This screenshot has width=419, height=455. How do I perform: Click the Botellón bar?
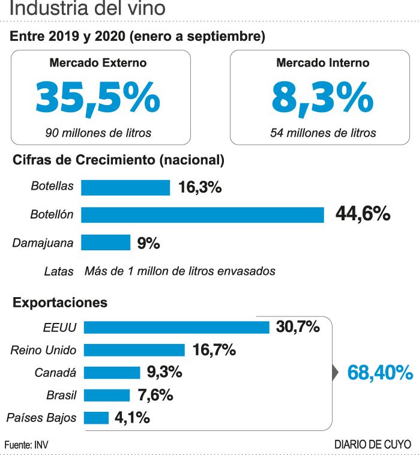pos(202,214)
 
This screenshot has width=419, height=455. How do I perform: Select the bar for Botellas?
pos(125,187)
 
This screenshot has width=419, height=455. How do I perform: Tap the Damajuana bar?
pos(106,243)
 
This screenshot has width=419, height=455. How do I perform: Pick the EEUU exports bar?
pos(176,327)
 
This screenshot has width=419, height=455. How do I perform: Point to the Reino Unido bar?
pos(134,350)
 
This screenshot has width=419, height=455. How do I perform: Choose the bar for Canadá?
pos(112,373)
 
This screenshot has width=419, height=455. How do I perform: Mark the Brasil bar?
pos(107,395)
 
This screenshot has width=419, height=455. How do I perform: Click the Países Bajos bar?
pos(96,418)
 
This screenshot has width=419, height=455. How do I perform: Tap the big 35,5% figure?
pos(98,97)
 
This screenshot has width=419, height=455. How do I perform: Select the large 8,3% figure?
pos(323,97)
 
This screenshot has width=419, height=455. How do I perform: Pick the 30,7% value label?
pos(298,327)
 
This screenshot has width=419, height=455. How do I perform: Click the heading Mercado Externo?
pos(98,62)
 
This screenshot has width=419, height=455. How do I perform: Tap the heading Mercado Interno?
pos(323,62)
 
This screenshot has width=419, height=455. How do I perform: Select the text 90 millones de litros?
pos(98,132)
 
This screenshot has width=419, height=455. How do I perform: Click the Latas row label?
pos(59,271)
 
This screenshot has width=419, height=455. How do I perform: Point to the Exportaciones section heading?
pos(60,303)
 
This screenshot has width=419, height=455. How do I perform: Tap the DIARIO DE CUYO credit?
pos(373,444)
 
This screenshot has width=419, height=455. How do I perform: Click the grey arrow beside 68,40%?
pos(335,373)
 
